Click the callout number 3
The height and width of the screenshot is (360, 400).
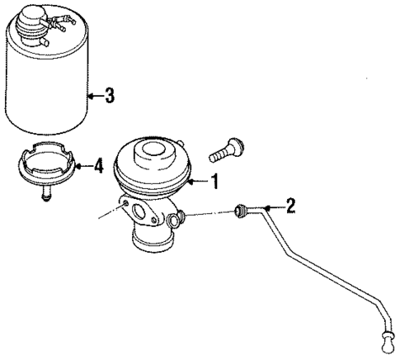109,95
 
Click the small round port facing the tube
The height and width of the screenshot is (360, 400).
175,219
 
